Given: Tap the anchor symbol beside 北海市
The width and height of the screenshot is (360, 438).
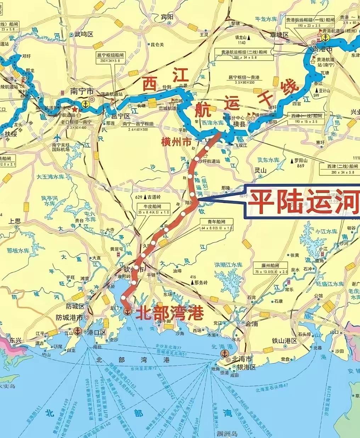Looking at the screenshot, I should [x=224, y=353].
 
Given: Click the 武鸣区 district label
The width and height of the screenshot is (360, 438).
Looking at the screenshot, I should [x=84, y=35].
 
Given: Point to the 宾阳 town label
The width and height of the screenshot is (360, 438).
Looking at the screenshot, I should [x=167, y=17].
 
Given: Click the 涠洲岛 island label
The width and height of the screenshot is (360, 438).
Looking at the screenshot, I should [x=225, y=434].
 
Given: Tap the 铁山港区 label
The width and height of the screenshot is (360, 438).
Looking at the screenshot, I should [x=284, y=341].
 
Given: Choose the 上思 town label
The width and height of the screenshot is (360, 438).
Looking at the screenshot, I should [x=15, y=221].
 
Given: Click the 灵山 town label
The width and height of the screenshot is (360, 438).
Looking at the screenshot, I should [x=260, y=170].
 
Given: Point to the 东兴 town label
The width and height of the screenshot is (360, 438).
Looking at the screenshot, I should [x=16, y=340].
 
